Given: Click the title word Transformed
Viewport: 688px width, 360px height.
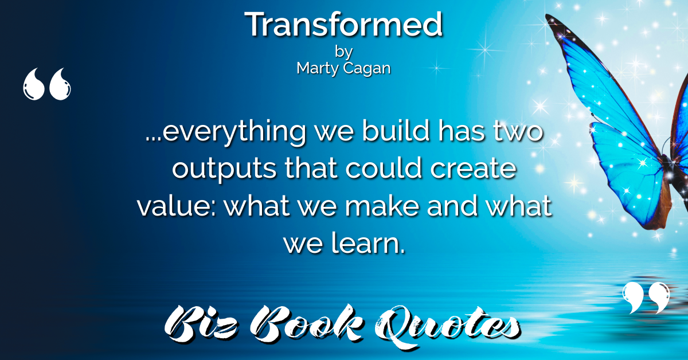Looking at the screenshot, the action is click(x=343, y=24).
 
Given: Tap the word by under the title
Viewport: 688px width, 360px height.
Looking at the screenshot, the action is click(x=343, y=52).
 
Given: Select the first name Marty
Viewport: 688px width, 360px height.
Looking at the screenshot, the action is click(x=318, y=68).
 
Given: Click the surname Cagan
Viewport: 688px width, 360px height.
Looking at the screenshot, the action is click(x=367, y=68).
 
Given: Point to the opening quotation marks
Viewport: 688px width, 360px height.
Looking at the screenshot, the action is click(x=46, y=84).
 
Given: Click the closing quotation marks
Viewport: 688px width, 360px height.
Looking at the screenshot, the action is click(x=646, y=298).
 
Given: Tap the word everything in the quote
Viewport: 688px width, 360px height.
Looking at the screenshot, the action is click(x=234, y=132).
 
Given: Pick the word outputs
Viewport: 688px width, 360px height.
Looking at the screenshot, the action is click(x=224, y=169).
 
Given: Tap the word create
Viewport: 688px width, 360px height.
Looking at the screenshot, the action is click(x=474, y=169).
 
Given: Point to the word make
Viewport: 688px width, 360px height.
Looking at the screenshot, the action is click(x=382, y=205).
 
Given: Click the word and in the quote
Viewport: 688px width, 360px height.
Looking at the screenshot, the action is click(x=452, y=205).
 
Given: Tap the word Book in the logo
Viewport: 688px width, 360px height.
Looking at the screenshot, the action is click(x=306, y=324).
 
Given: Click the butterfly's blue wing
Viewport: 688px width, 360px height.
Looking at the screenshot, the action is click(x=627, y=160).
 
